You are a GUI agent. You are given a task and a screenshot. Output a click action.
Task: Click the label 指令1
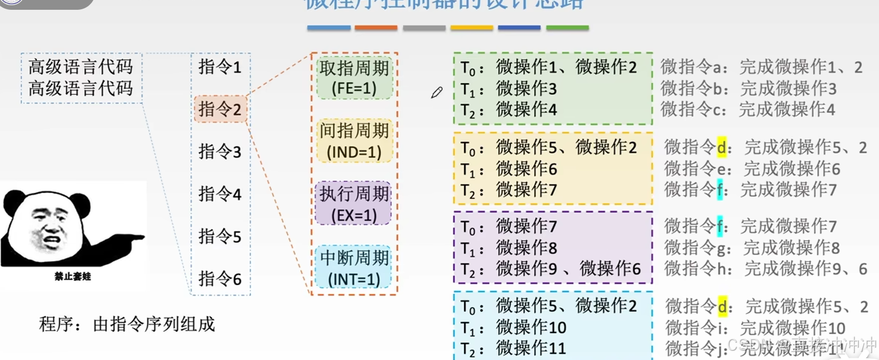pos(220,67)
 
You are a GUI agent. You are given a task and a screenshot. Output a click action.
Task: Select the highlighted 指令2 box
pos(220,109)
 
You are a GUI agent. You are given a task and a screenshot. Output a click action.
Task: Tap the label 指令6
pos(220,279)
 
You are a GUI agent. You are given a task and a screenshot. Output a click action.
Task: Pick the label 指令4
pos(220,194)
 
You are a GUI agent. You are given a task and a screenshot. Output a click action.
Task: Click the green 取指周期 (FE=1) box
pos(354,78)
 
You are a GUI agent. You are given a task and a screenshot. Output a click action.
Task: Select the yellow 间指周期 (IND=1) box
pos(354,140)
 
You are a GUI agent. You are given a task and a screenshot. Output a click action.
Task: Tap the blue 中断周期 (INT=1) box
pos(354,267)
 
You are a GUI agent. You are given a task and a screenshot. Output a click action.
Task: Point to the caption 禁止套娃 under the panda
pos(72,277)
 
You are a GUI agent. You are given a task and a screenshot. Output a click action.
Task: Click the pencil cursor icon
pos(437,93)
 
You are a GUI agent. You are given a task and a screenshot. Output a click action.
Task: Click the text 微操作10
pos(531,328)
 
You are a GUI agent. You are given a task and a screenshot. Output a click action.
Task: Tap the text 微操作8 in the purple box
pos(526,248)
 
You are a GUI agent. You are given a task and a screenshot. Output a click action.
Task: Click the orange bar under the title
pos(376,28)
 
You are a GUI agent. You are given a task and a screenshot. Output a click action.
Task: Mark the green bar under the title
pos(567,28)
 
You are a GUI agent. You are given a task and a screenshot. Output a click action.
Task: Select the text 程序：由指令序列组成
pos(127,324)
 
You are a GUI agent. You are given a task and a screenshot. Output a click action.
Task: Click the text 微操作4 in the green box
pos(526,109)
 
